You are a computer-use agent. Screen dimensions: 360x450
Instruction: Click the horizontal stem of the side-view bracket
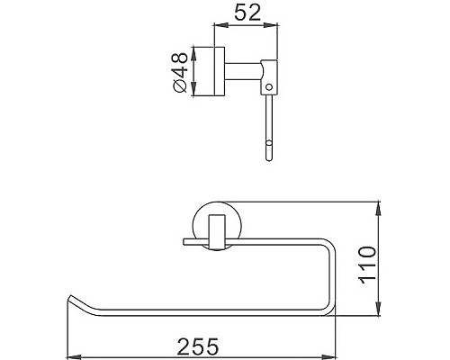244,68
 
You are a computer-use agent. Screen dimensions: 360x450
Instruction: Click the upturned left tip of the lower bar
72,298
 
